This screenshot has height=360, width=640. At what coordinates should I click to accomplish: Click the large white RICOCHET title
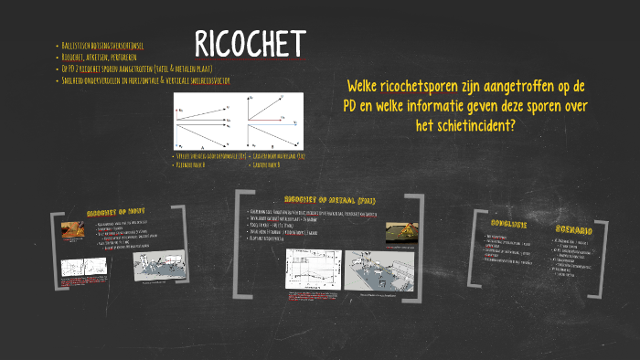coord(250,43)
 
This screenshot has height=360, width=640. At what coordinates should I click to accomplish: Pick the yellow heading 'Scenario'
coord(575,228)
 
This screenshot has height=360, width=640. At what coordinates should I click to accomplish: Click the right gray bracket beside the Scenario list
coord(597,251)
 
